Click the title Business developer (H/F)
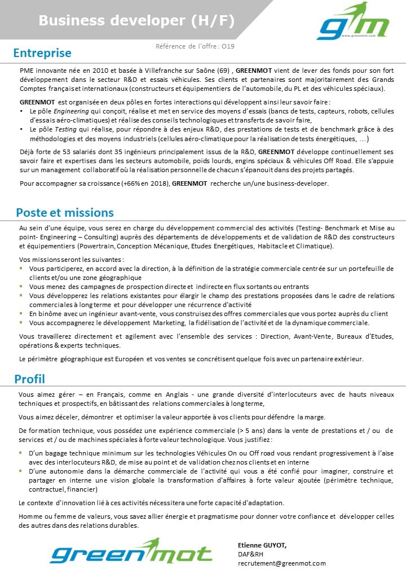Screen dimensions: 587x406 click(136, 21)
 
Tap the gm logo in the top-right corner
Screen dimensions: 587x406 click(353, 23)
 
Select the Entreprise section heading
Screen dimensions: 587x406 click(42, 53)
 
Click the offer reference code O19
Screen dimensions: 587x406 click(228, 47)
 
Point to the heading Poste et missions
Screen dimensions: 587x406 click(65, 213)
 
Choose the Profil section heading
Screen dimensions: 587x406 click(30, 379)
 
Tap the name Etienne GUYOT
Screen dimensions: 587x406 click(262, 545)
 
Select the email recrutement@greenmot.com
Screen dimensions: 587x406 click(282, 563)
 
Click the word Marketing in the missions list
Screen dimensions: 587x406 click(169, 323)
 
